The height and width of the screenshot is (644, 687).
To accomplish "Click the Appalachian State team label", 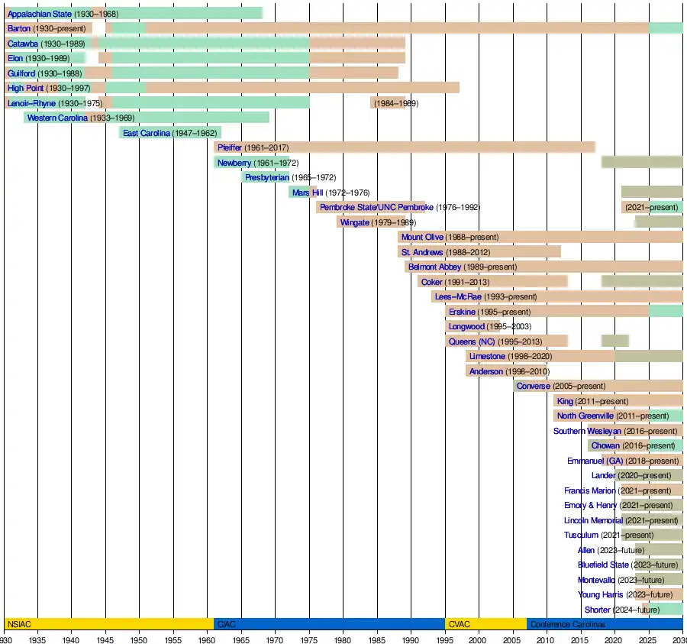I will pyautogui.click(x=39, y=14).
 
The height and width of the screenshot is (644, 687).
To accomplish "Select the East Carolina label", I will pyautogui.click(x=147, y=133).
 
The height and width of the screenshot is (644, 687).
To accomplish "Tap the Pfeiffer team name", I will pyautogui.click(x=229, y=147).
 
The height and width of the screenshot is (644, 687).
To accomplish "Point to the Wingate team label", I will pyautogui.click(x=354, y=222).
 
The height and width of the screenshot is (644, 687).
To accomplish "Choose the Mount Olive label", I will pyautogui.click(x=422, y=237).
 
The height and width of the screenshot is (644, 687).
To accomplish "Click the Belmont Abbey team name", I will pyautogui.click(x=434, y=267).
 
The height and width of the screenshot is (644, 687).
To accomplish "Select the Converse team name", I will pyautogui.click(x=533, y=386).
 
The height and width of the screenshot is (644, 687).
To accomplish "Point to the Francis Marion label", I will pyautogui.click(x=589, y=490).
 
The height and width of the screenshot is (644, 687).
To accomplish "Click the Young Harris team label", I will pyautogui.click(x=601, y=594).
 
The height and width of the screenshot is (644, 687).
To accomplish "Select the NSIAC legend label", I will pyautogui.click(x=18, y=624).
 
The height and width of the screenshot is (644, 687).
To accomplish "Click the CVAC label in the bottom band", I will pyautogui.click(x=460, y=624).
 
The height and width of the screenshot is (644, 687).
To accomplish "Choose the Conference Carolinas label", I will pyautogui.click(x=567, y=624).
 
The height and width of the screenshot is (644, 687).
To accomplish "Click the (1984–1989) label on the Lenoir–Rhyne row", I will pyautogui.click(x=395, y=103).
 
